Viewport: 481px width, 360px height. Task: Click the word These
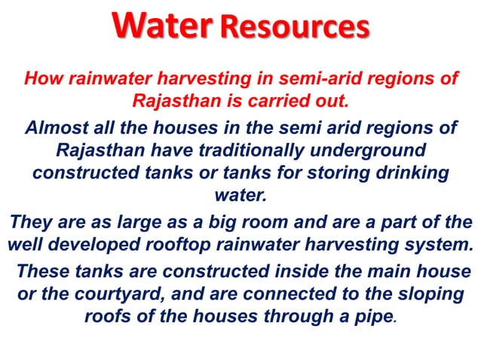[x=40, y=270]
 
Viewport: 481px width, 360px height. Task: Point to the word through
[x=295, y=316]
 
